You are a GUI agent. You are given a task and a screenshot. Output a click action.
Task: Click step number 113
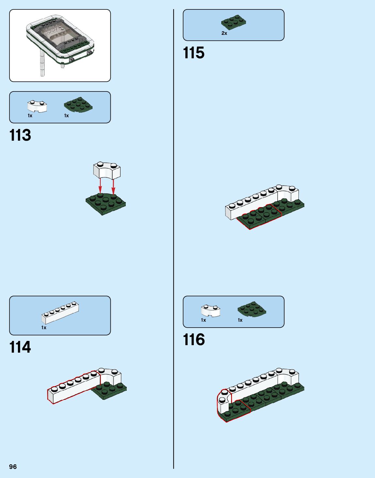point(20,135)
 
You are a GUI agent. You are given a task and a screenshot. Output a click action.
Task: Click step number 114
point(20,347)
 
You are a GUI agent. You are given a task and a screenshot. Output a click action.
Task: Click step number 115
point(194,53)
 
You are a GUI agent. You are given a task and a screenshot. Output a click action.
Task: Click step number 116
point(194,340)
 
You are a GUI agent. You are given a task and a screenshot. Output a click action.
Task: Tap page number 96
point(13,467)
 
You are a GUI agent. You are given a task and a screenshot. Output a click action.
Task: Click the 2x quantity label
point(224,33)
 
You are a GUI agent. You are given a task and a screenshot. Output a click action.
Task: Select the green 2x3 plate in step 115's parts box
point(233,22)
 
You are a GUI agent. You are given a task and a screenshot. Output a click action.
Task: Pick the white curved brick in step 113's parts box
point(37,106)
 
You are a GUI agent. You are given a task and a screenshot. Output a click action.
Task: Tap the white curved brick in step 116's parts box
point(210,310)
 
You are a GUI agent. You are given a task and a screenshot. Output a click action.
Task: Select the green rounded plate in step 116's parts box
point(252,309)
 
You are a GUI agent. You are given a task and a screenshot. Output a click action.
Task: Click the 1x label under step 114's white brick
point(44,328)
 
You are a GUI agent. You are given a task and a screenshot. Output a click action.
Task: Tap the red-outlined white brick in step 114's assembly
point(74,387)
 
